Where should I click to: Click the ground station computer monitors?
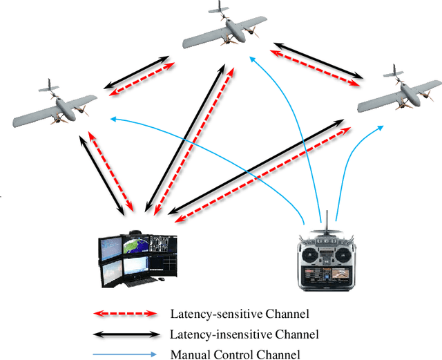tap(139, 256)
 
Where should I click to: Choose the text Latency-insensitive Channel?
tap(244, 334)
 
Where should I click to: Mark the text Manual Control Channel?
tap(235, 354)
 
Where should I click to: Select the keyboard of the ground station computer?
tap(138, 282)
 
